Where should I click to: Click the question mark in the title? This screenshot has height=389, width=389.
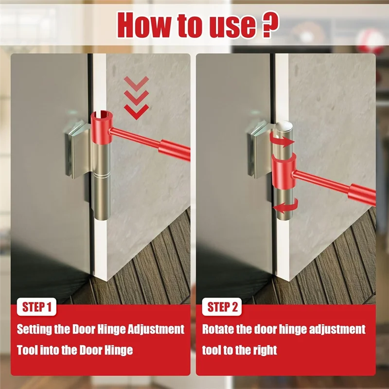(x=270, y=25)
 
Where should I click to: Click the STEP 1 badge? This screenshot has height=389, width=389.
(x=37, y=307)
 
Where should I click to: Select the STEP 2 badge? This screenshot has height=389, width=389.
(x=222, y=307)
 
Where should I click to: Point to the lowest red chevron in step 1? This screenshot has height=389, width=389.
(x=137, y=112)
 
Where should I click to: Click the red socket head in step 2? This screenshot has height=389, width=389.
(x=284, y=171)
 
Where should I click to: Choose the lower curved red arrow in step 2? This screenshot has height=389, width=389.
(x=285, y=206)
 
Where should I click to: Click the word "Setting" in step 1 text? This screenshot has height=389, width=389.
(x=34, y=330)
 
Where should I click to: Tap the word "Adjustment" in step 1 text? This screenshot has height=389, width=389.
(x=156, y=330)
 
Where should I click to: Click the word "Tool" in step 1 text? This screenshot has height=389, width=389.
(x=27, y=350)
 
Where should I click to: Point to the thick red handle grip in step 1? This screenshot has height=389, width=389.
(x=175, y=150)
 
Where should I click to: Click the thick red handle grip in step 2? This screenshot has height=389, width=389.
(x=362, y=194)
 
